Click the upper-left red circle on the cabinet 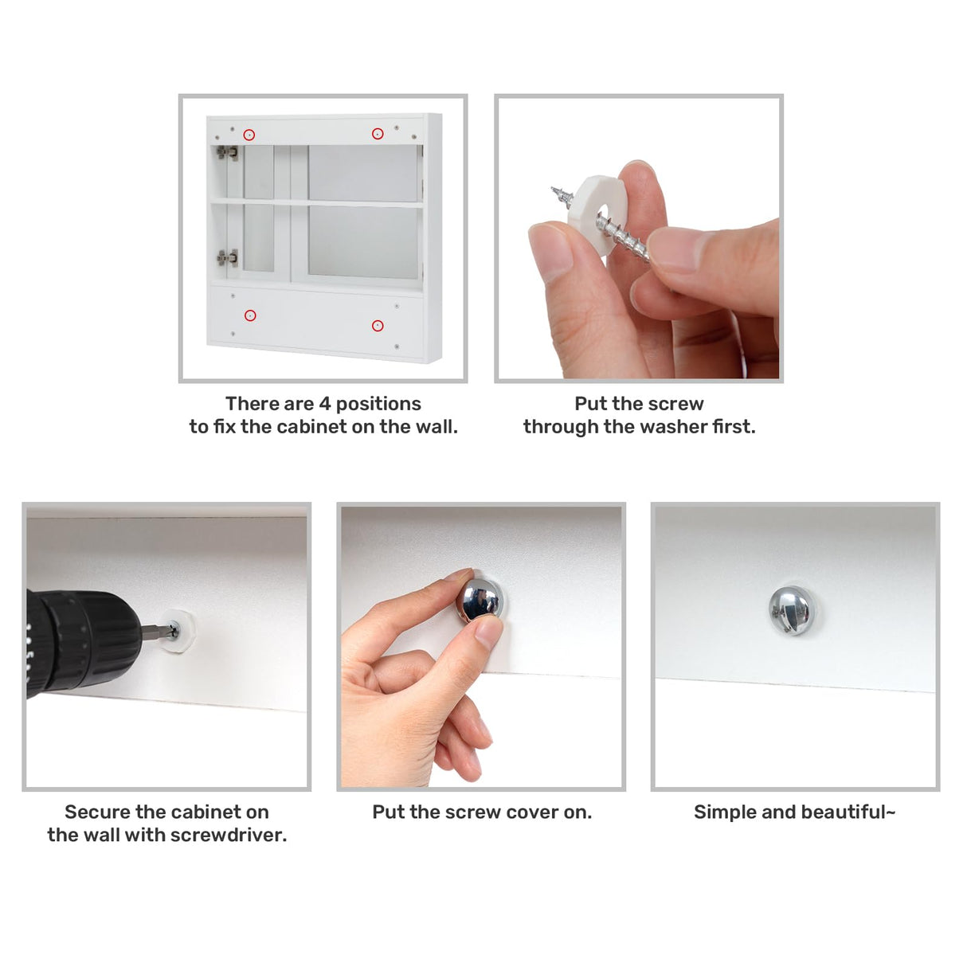pyautogui.click(x=249, y=135)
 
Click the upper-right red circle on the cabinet pyautogui.click(x=378, y=134)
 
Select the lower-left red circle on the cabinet pyautogui.click(x=250, y=315)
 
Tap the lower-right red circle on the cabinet pyautogui.click(x=378, y=326)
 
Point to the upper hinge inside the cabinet pyautogui.click(x=227, y=152)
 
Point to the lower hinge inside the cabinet pyautogui.click(x=227, y=258)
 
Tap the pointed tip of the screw pyautogui.click(x=551, y=189)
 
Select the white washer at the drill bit pyautogui.click(x=177, y=631)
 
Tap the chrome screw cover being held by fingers pyautogui.click(x=480, y=600)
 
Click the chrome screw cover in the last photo pyautogui.click(x=792, y=610)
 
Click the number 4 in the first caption pyautogui.click(x=324, y=404)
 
